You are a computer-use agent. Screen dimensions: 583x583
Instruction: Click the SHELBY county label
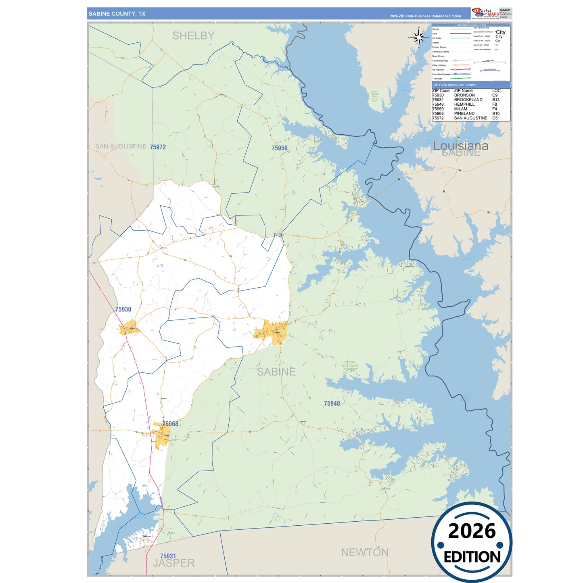(x=193, y=36)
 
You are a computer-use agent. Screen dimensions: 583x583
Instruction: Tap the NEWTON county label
(x=365, y=552)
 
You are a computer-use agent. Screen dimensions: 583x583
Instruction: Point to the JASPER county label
(x=174, y=563)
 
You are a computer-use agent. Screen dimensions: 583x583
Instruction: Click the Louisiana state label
(x=460, y=146)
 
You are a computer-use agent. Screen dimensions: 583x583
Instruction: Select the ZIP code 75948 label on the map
(x=332, y=403)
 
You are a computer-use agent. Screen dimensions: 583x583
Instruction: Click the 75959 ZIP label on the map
(x=279, y=148)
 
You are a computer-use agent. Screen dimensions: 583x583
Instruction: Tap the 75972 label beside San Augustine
(x=158, y=147)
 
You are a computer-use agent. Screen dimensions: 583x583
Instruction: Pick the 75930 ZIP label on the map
(x=123, y=309)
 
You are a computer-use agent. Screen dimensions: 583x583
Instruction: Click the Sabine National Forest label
(x=350, y=366)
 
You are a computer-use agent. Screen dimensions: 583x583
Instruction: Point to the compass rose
(x=419, y=38)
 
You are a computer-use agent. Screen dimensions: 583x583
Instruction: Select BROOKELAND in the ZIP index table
(x=468, y=100)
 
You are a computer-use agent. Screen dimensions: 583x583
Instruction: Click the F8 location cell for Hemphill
(x=495, y=104)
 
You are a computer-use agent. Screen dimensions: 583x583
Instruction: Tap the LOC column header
(x=496, y=91)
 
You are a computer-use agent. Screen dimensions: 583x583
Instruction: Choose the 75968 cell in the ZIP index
(x=438, y=113)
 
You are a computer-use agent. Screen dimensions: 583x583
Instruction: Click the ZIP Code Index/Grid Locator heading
(x=454, y=85)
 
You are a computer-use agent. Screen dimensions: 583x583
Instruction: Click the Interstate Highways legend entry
(x=441, y=74)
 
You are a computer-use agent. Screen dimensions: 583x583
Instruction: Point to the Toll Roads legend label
(x=437, y=79)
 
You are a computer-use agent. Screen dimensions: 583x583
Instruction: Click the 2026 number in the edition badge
(x=472, y=531)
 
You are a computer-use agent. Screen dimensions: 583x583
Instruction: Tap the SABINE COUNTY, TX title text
(x=117, y=14)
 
